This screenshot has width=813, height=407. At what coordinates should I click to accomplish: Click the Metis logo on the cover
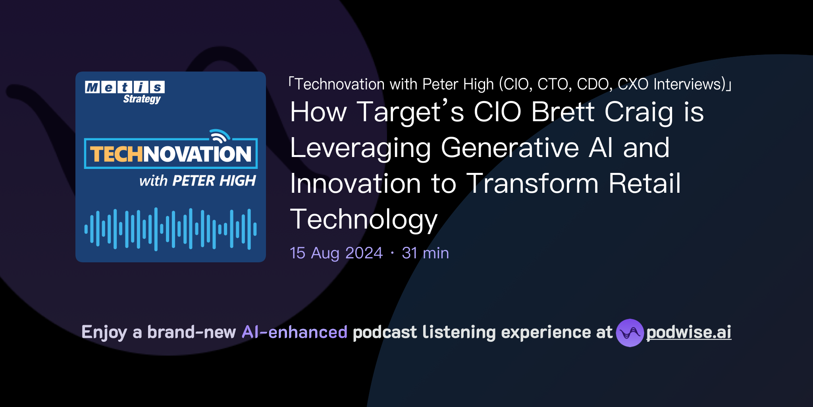tap(125, 87)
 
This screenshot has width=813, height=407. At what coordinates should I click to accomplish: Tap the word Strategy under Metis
tap(142, 99)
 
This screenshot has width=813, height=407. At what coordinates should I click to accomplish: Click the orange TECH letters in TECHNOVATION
tap(116, 154)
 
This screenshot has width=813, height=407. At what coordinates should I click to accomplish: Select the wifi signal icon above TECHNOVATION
tap(220, 136)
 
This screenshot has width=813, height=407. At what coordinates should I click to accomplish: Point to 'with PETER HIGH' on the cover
tap(197, 181)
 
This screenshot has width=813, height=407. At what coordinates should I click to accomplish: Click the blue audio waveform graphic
tap(171, 229)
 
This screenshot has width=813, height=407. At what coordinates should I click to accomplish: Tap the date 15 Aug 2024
tap(336, 253)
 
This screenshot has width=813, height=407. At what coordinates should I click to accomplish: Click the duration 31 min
tap(425, 253)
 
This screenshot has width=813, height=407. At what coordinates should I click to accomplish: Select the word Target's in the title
tap(410, 112)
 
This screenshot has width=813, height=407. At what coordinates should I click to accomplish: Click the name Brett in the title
tap(563, 112)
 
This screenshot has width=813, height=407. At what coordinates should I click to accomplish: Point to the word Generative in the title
tap(510, 148)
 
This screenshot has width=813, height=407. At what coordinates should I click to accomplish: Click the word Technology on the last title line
tap(364, 220)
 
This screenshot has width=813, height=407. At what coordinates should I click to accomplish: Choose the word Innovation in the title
tap(355, 184)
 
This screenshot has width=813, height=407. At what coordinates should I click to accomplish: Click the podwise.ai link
tap(688, 332)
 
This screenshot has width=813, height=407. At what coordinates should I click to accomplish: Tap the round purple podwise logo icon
tap(630, 333)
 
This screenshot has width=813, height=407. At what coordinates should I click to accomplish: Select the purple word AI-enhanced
tap(295, 332)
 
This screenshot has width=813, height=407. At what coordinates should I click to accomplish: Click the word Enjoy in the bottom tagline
tap(104, 332)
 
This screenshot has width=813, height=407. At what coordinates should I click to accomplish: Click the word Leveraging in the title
tap(360, 148)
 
